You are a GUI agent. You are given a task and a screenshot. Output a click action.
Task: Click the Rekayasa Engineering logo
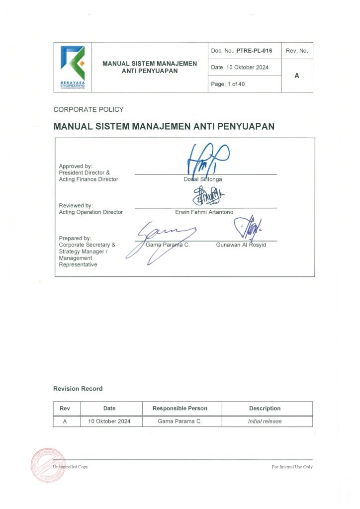(73, 67)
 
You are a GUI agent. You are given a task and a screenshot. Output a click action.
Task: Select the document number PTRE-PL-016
(254, 51)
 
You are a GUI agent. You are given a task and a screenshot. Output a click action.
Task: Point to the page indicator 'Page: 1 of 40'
(228, 85)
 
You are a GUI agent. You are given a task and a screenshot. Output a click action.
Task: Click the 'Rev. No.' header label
(297, 51)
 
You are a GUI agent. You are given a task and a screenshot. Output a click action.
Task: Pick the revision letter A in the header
(297, 76)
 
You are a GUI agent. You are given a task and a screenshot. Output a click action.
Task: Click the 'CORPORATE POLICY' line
(89, 110)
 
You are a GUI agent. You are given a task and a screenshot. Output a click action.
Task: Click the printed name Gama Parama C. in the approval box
(168, 245)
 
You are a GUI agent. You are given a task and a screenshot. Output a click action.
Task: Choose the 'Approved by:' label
(76, 166)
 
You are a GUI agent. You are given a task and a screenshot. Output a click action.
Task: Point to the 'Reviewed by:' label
(76, 205)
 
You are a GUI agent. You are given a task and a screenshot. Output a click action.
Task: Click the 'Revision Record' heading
(78, 389)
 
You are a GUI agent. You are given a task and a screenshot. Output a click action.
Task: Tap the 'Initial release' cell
(265, 422)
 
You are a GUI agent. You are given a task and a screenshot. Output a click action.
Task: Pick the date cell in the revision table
(109, 422)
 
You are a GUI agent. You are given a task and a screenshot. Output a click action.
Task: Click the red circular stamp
(49, 465)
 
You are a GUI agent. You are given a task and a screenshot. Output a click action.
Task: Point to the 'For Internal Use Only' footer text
(292, 467)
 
